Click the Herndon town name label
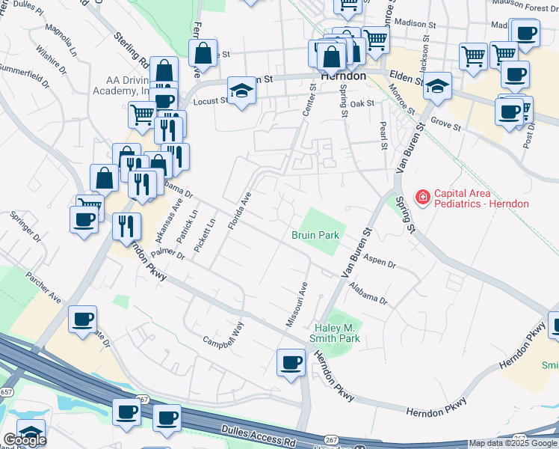click(x=343, y=76)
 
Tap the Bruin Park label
click(x=315, y=235)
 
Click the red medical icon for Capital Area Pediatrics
click(x=422, y=198)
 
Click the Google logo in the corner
click(x=25, y=440)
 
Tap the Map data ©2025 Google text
click(x=513, y=444)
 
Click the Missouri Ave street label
click(x=296, y=304)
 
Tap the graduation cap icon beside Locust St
click(x=241, y=91)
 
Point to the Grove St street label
click(x=447, y=123)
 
